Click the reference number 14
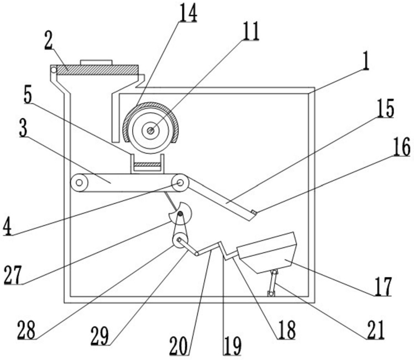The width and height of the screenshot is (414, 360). [x=188, y=13]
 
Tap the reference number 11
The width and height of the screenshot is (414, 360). [x=250, y=31]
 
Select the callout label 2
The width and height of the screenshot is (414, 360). [x=48, y=40]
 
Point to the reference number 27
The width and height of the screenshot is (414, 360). [x=12, y=274]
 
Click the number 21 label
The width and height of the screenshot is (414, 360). [x=375, y=330]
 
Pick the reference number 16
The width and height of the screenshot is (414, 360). [x=402, y=147]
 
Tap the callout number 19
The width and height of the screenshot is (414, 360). [x=232, y=346]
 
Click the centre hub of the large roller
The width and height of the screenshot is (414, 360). [x=151, y=130]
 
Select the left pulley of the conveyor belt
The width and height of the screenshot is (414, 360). [x=79, y=182]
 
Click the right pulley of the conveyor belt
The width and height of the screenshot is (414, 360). [x=180, y=182]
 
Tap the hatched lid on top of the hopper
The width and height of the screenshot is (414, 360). [x=97, y=70]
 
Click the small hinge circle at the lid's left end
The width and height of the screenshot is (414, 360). [x=54, y=70]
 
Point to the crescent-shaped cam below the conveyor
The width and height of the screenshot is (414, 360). [x=180, y=213]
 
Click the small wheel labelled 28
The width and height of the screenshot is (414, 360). [x=180, y=240]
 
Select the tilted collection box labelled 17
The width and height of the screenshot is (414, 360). [x=266, y=252]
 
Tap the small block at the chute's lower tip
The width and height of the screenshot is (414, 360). [x=254, y=213]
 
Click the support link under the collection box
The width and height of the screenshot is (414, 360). [x=272, y=282]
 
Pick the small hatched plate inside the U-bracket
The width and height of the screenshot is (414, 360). [x=148, y=165]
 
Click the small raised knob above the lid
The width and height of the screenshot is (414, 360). [x=96, y=62]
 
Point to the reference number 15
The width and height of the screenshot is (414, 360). [x=385, y=108]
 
